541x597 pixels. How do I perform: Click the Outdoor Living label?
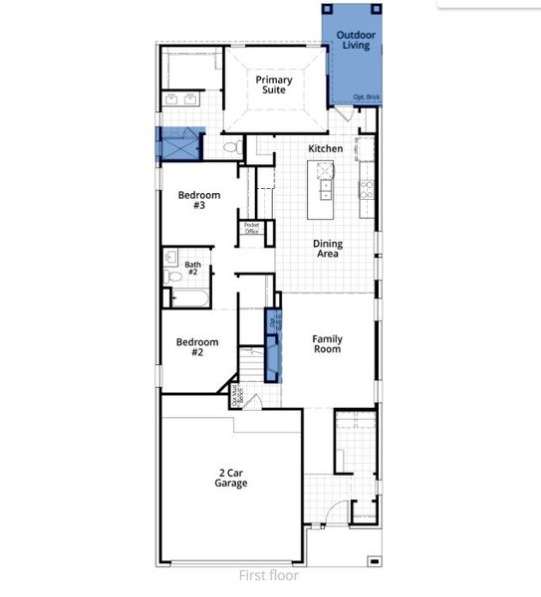357,40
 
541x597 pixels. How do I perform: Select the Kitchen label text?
325,149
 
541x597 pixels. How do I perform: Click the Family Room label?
327,343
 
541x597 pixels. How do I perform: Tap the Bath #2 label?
192,269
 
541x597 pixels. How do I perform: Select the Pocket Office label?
251,229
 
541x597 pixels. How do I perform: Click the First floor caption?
268,575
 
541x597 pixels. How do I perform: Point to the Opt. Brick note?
366,98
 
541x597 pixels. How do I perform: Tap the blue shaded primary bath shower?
179,145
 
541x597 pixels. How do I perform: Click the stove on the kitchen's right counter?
366,184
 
